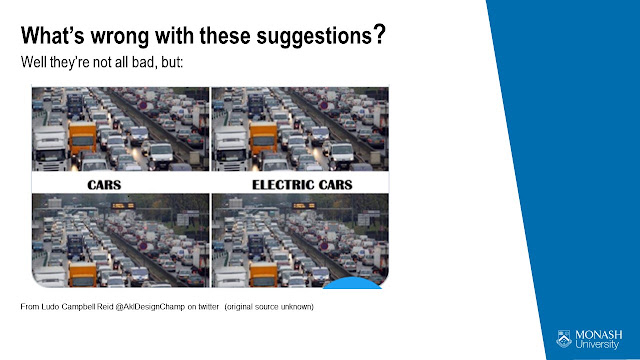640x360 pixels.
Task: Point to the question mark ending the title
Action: tap(380, 34)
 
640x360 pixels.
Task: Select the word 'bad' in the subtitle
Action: tap(142, 62)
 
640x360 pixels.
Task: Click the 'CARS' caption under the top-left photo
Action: tap(104, 185)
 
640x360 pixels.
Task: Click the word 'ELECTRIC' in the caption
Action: tap(283, 185)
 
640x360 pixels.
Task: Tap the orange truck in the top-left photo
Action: tap(82, 138)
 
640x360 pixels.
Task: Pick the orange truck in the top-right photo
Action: tap(263, 138)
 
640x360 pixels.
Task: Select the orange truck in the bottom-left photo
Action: tap(83, 274)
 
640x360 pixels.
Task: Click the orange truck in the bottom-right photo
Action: tap(263, 274)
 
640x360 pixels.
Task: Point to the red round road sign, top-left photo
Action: tap(143, 106)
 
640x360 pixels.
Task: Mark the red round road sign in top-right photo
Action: tap(324, 106)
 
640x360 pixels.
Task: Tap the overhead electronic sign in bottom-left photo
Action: tap(123, 206)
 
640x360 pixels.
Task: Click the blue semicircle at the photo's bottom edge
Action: tap(352, 284)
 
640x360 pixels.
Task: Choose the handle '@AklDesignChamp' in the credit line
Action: tap(150, 307)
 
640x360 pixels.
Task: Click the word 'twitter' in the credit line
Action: tap(209, 307)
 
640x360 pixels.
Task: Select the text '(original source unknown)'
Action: tap(269, 307)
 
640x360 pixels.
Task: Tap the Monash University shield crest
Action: tap(564, 339)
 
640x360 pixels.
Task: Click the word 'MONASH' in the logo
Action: tap(599, 335)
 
